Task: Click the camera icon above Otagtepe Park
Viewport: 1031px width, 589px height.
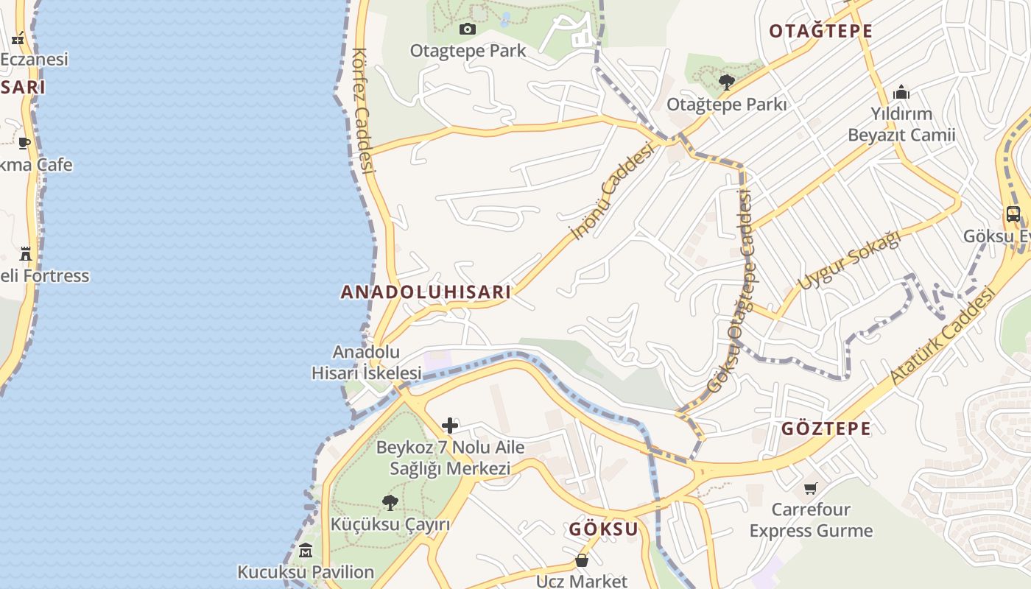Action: point(467,29)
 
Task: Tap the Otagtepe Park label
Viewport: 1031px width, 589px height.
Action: point(468,51)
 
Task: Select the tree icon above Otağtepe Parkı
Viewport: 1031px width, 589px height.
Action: point(727,82)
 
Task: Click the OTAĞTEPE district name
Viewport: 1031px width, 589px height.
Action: point(820,31)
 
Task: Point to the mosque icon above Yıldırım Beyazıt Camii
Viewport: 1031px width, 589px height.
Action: point(901,93)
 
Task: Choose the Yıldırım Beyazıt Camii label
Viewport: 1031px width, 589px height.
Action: point(901,124)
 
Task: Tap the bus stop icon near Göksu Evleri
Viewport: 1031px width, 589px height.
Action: point(1013,214)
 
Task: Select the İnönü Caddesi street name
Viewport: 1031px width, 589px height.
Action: point(613,191)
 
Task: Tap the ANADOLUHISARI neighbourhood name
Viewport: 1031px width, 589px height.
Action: point(426,292)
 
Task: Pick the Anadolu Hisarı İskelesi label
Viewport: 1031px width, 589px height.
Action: point(366,362)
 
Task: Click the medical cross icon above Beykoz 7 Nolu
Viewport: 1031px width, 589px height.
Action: point(449,426)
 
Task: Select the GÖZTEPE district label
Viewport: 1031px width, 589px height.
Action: point(826,428)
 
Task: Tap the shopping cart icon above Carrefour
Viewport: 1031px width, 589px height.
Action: point(811,488)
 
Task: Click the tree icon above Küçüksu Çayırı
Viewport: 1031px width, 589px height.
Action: point(390,503)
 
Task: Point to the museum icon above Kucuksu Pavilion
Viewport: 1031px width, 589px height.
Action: point(306,550)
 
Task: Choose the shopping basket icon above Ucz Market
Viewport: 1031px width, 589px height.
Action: point(581,561)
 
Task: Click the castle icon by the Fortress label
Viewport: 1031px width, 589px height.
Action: point(26,254)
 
